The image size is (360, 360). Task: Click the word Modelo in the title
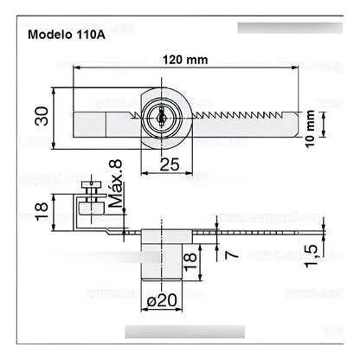pyautogui.click(x=54, y=36)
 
